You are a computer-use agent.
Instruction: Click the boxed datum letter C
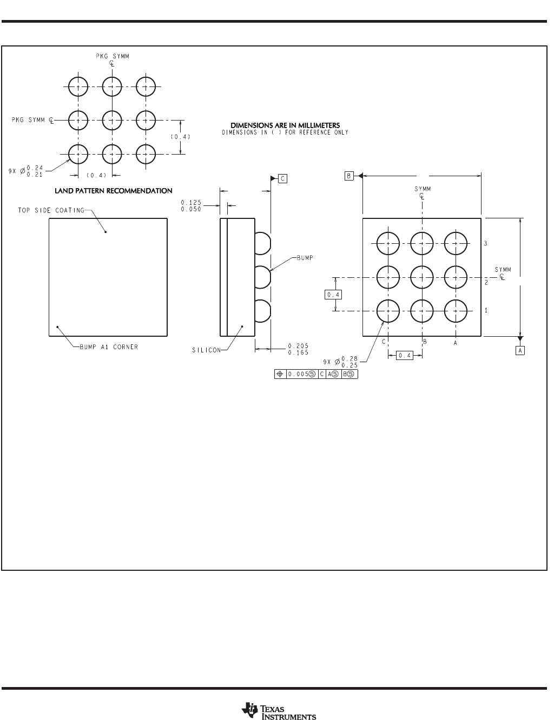click(x=282, y=178)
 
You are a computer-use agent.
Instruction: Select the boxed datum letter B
click(x=349, y=176)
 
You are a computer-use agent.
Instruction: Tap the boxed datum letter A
click(x=520, y=350)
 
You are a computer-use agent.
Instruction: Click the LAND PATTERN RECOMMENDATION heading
click(x=114, y=191)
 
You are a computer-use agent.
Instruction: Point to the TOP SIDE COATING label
click(x=51, y=210)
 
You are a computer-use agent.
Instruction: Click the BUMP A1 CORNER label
click(x=109, y=347)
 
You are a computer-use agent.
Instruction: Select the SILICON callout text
click(x=206, y=350)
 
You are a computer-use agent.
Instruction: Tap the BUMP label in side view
click(x=305, y=258)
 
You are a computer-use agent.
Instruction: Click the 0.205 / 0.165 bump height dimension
click(x=298, y=349)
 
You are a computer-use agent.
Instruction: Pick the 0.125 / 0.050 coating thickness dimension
click(x=191, y=206)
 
